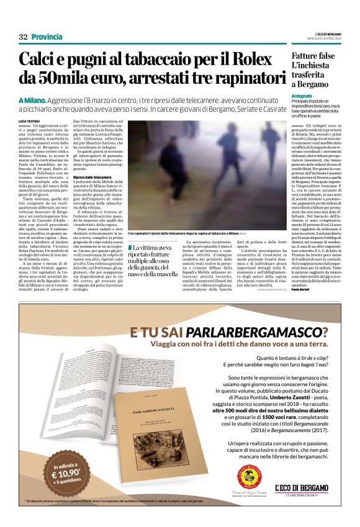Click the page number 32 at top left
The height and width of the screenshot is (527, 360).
(23, 37)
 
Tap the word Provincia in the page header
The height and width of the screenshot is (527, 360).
(46, 37)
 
